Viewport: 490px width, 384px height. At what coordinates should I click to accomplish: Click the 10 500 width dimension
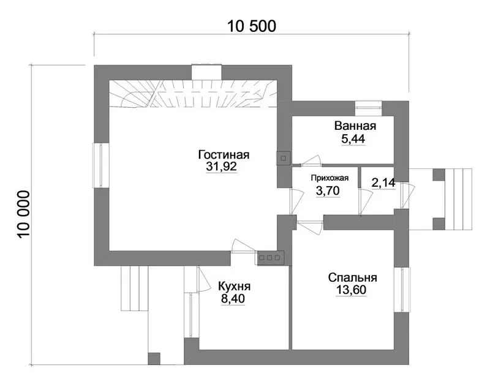coord(252,26)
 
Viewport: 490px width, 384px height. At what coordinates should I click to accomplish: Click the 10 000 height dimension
coord(24,214)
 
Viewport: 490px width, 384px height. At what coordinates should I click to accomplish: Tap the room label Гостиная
coord(224,155)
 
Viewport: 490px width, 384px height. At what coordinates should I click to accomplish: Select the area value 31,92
coord(221,167)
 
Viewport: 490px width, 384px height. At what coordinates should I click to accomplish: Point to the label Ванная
coord(355,126)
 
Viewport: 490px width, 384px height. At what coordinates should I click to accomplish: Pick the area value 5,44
coord(353,139)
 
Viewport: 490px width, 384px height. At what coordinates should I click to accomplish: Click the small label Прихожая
coord(330,178)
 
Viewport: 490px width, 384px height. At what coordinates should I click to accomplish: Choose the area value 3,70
coord(328,190)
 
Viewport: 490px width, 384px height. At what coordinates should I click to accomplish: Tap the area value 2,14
coord(383,183)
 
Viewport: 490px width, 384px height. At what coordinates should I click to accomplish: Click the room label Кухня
coord(234,286)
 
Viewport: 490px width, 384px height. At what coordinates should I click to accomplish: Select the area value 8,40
coord(233,299)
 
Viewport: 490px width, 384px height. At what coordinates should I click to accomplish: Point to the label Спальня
coord(353,277)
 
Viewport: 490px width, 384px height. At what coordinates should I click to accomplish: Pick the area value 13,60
coord(351,290)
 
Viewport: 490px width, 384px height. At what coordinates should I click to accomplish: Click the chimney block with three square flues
coord(270,258)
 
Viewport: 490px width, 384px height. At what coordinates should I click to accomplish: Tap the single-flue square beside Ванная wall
coord(284,158)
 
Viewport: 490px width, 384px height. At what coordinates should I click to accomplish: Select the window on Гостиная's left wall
coord(100,165)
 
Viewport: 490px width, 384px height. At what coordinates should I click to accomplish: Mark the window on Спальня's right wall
coord(401,290)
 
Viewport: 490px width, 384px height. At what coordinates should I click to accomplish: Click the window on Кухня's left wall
coord(191,315)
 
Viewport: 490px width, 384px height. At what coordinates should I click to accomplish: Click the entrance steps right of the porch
coord(458,199)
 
